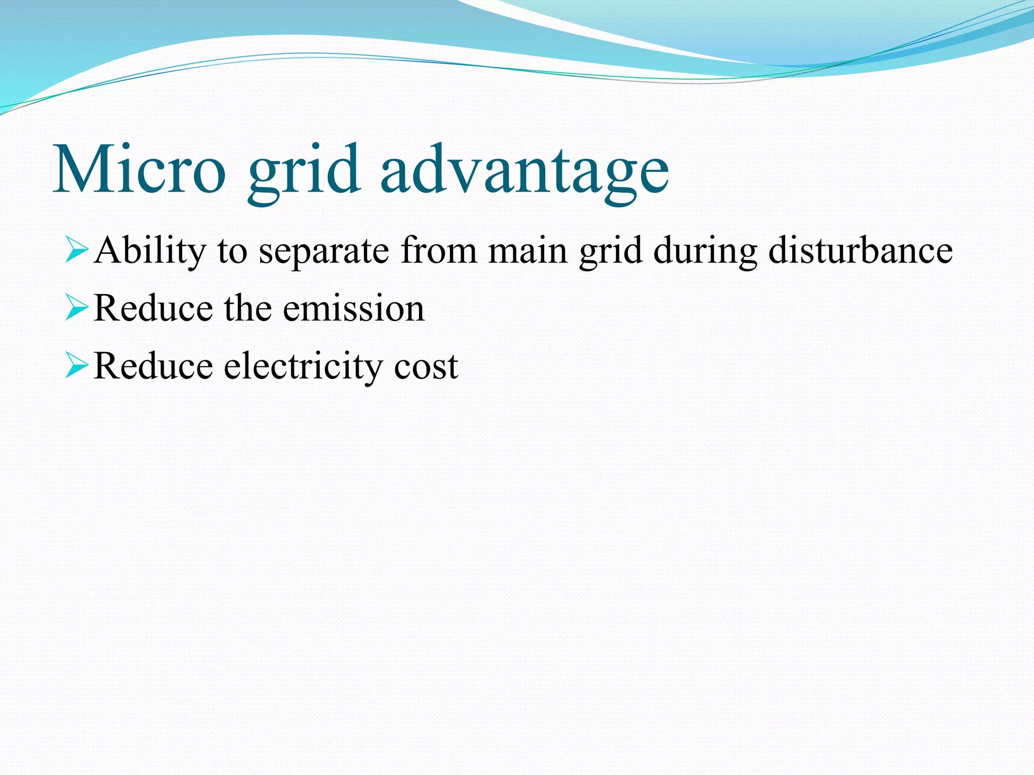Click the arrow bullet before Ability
pyautogui.click(x=77, y=251)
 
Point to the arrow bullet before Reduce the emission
pyautogui.click(x=77, y=308)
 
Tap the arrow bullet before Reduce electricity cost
pyautogui.click(x=77, y=366)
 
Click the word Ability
pyautogui.click(x=150, y=251)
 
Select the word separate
pyautogui.click(x=324, y=251)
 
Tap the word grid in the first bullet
pyautogui.click(x=610, y=251)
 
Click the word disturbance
pyautogui.click(x=860, y=251)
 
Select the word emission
pyautogui.click(x=353, y=308)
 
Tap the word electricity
pyautogui.click(x=303, y=366)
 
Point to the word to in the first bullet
pyautogui.click(x=233, y=251)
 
